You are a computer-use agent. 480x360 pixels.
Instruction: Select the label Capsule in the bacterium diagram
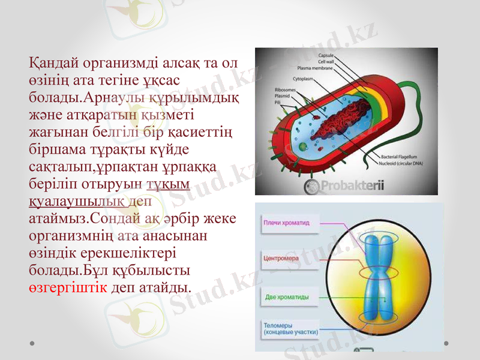[326, 55]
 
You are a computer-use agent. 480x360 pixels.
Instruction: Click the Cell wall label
[326, 61]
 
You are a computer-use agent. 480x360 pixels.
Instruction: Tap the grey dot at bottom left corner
[32, 342]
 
